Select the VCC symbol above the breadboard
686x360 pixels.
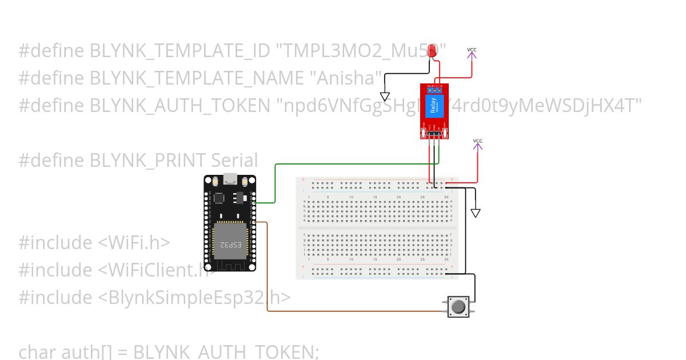(x=478, y=144)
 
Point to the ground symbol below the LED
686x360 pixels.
(x=385, y=97)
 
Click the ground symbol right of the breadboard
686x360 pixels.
(x=476, y=213)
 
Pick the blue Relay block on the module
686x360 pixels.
(x=433, y=107)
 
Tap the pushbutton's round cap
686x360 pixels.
(x=458, y=307)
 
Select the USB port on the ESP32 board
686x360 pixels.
(x=230, y=179)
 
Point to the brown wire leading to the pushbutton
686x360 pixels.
(x=354, y=311)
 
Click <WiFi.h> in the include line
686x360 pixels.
(x=134, y=243)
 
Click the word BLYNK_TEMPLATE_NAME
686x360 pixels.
(x=196, y=78)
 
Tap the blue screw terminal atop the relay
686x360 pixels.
(x=435, y=89)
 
